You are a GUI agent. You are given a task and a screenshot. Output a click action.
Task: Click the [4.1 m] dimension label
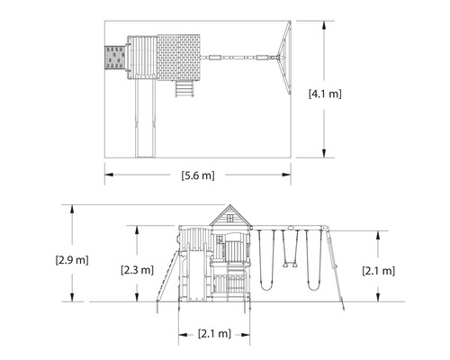coord(325,94)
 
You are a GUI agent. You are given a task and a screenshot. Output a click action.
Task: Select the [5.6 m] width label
coord(198,175)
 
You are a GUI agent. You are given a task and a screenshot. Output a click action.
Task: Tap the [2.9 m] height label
coord(72,260)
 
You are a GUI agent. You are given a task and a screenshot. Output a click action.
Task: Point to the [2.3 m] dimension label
coord(137,270)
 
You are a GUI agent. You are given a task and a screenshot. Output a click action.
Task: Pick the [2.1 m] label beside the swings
coord(379,271)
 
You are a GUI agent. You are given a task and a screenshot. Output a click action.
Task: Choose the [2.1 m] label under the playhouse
coord(214,333)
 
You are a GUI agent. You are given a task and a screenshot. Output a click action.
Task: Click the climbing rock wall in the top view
coord(114,58)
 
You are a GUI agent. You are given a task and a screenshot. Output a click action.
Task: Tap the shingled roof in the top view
coord(178,58)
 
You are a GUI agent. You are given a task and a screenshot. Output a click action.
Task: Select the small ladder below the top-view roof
coord(184,89)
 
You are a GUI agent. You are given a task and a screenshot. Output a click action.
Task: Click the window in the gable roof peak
coord(229,218)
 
